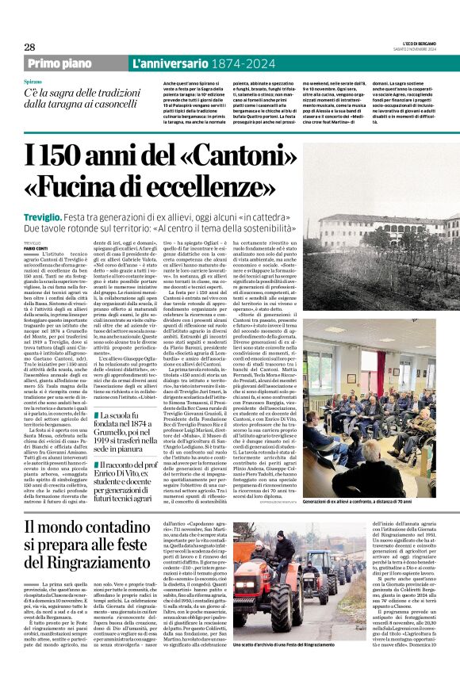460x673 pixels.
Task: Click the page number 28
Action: tap(29, 47)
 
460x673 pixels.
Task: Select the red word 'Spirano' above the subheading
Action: tap(33, 82)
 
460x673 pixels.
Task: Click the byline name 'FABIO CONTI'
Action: tap(36, 226)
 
